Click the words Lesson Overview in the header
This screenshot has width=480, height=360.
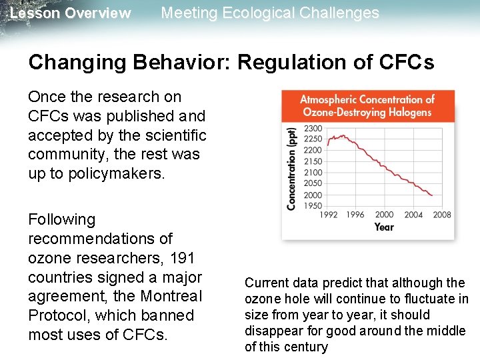tap(71, 13)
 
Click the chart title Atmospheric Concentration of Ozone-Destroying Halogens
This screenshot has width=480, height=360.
tap(367, 106)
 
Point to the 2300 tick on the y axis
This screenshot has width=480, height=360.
tap(313, 128)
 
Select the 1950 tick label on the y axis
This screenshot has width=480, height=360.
tap(313, 205)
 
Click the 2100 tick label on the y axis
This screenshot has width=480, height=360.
tap(313, 173)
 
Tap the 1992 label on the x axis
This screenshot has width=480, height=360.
tap(329, 215)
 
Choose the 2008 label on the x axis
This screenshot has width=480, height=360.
tap(441, 215)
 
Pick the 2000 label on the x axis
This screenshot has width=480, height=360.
tap(385, 215)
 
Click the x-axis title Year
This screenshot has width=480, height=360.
tap(384, 227)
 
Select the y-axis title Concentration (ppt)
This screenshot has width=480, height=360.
tap(291, 169)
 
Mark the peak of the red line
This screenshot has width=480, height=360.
tap(343, 135)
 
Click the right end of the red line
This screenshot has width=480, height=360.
tap(433, 195)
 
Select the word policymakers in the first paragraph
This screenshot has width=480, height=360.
tap(97, 174)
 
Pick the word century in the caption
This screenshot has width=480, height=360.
tap(305, 347)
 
